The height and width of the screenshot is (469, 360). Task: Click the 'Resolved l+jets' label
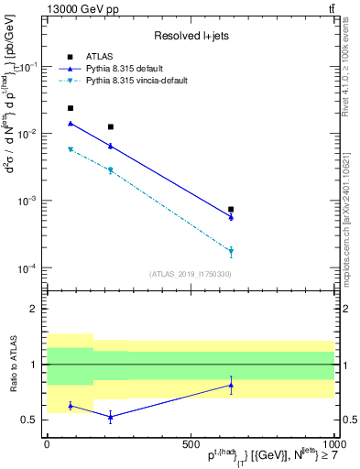(x=191, y=36)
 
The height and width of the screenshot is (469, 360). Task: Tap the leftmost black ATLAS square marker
(x=71, y=108)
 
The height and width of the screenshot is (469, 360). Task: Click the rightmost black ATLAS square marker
(x=231, y=209)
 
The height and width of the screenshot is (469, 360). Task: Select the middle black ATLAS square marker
(x=111, y=126)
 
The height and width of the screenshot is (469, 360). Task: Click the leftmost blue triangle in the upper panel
(x=71, y=123)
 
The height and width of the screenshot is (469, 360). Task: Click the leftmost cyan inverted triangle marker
(x=71, y=149)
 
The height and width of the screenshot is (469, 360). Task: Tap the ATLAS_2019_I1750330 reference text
(x=191, y=273)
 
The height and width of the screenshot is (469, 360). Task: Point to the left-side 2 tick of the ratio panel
(x=37, y=309)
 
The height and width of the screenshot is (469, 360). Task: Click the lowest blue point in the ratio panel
(x=111, y=417)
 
